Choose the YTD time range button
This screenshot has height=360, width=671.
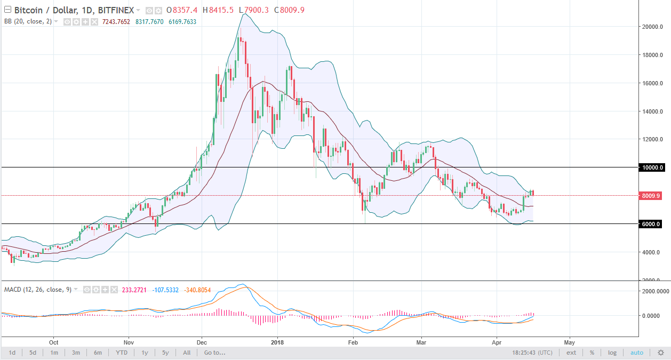click(121, 353)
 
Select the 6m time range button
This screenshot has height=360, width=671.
click(98, 353)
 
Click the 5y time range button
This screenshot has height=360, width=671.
click(165, 353)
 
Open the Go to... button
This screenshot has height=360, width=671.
click(214, 353)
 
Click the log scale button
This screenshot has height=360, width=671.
click(612, 353)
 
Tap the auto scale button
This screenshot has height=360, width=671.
click(637, 353)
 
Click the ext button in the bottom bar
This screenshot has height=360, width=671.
click(571, 353)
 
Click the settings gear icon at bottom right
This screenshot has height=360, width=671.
click(660, 353)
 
